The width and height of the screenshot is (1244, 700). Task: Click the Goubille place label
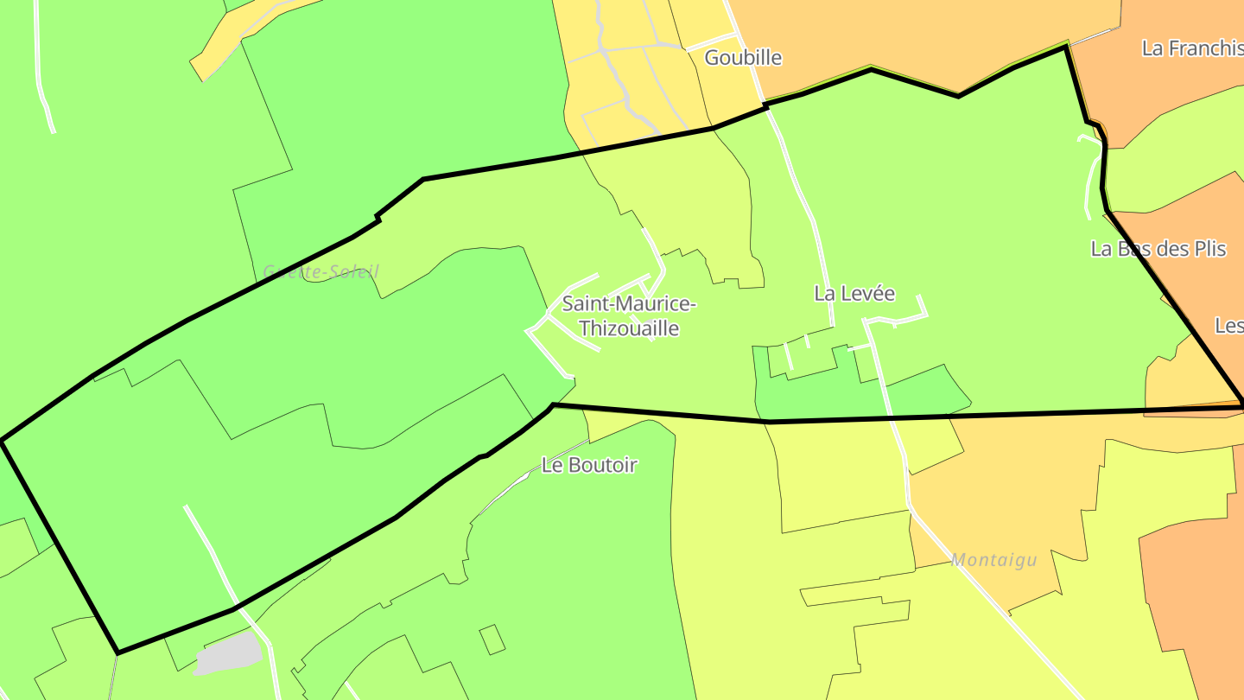click(x=743, y=58)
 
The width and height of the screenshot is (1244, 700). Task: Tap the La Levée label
click(x=854, y=294)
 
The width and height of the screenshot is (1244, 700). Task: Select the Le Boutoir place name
click(x=589, y=465)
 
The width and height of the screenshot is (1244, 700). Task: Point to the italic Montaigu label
click(x=993, y=560)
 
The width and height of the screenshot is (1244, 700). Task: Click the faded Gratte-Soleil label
click(x=321, y=271)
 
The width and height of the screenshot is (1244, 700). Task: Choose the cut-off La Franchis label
click(x=1192, y=48)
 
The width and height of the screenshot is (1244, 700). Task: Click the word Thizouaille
click(x=629, y=329)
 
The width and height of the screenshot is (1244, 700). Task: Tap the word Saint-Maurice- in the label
click(x=629, y=304)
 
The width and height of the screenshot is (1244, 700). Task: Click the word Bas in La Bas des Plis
click(x=1132, y=249)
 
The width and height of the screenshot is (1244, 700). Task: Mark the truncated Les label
click(x=1229, y=326)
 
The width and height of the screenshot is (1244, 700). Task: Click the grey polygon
click(x=229, y=653)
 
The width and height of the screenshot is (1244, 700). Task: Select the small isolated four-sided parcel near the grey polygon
click(x=492, y=640)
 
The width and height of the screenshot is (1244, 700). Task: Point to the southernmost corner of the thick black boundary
click(x=118, y=652)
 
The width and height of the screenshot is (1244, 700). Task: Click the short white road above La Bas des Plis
click(x=1094, y=173)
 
